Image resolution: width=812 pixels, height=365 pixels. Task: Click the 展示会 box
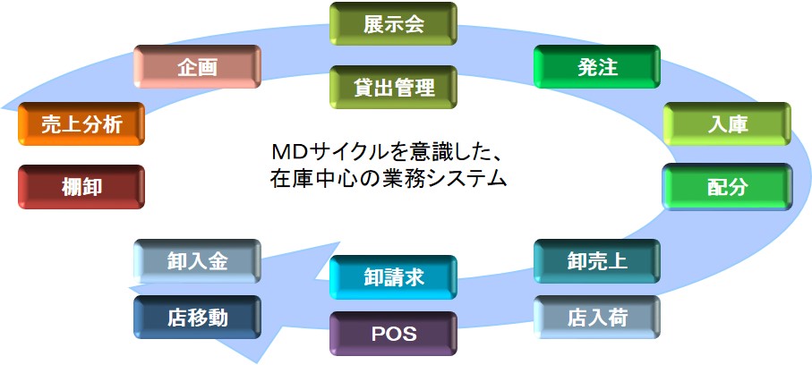point(393,24)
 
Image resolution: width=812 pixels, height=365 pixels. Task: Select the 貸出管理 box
point(393,87)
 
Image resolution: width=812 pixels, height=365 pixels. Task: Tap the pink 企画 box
point(197,67)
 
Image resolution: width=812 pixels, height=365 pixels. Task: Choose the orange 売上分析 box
point(81,124)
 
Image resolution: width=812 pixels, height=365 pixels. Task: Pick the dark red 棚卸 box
point(81,187)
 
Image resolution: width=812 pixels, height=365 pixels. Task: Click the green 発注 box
point(597,67)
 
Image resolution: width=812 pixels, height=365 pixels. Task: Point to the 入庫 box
point(728,124)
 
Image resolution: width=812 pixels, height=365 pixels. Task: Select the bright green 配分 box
point(728,187)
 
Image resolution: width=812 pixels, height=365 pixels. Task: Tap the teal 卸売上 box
point(597,261)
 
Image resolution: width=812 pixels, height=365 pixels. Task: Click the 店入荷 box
point(597,318)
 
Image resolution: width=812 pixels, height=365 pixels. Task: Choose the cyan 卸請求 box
point(393,277)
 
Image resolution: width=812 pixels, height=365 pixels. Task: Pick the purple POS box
point(393,334)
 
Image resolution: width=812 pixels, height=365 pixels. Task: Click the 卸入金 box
point(197,261)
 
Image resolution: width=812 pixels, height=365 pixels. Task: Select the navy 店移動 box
point(197,318)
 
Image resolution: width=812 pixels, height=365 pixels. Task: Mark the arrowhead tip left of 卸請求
point(315,280)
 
